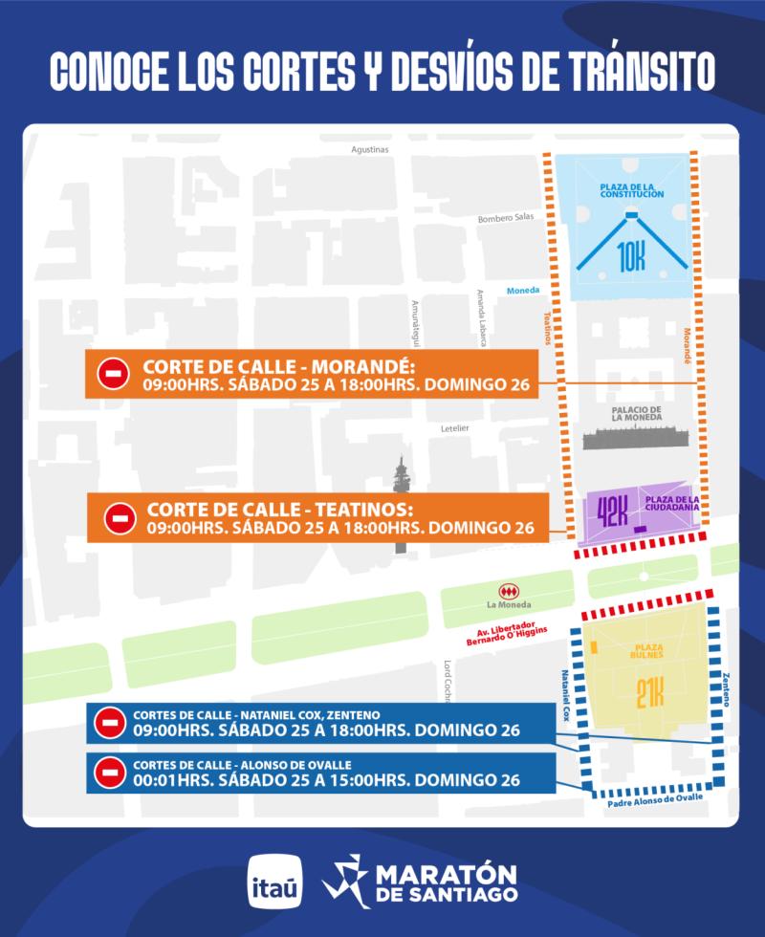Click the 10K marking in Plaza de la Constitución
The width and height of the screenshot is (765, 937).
631,256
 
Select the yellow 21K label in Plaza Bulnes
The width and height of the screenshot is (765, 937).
649,692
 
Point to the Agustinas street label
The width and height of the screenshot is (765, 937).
370,149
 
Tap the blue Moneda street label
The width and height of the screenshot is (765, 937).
524,291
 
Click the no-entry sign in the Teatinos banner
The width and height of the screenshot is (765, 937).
120,518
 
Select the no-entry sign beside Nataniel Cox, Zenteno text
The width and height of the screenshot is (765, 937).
110,723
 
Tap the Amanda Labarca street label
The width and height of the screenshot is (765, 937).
485,320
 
